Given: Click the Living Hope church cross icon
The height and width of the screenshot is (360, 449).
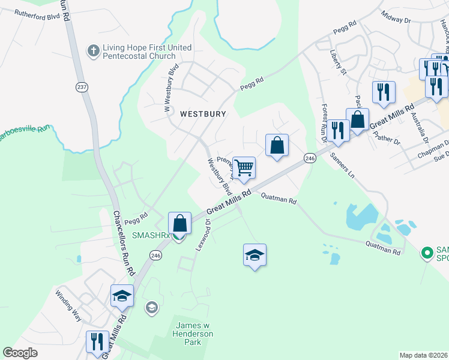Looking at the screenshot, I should click(x=93, y=51).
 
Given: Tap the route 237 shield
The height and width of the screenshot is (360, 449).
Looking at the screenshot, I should click(x=82, y=87).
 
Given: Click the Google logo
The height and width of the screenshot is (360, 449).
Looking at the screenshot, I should click(x=20, y=353).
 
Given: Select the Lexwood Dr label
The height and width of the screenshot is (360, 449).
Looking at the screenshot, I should click(x=202, y=234).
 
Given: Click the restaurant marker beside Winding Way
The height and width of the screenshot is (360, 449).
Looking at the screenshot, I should click(x=97, y=341).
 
